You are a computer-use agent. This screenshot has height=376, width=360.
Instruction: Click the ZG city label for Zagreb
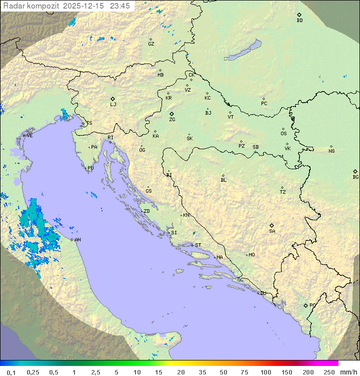point(172,120)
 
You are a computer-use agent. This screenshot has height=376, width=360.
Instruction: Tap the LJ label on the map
point(113,105)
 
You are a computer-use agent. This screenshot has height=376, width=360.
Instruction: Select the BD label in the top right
point(299,21)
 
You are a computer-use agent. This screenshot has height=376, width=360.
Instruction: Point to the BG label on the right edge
point(355,177)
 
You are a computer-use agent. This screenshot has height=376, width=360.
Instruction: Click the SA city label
point(272,231)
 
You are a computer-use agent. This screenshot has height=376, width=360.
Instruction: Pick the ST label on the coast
point(198,245)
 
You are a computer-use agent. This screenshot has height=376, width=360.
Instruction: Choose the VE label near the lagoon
point(29,136)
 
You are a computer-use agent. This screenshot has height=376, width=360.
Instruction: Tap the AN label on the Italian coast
point(78,240)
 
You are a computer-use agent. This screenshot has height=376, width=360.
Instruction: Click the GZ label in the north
point(151,44)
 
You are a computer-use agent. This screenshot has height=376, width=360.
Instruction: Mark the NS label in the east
point(331,151)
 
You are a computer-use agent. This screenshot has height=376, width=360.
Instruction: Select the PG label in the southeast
point(312,305)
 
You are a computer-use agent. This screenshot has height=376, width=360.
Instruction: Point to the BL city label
point(223,180)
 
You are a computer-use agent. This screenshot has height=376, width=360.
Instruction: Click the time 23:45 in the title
point(120,6)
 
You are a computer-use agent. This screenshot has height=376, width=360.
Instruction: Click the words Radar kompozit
point(32,6)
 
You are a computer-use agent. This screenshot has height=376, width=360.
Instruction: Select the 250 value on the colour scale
point(328,371)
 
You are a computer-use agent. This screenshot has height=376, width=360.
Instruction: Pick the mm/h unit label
point(348,371)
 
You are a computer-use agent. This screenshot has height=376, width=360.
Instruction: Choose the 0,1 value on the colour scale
point(11,371)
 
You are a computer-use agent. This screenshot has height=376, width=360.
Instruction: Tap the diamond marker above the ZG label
point(171,114)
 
